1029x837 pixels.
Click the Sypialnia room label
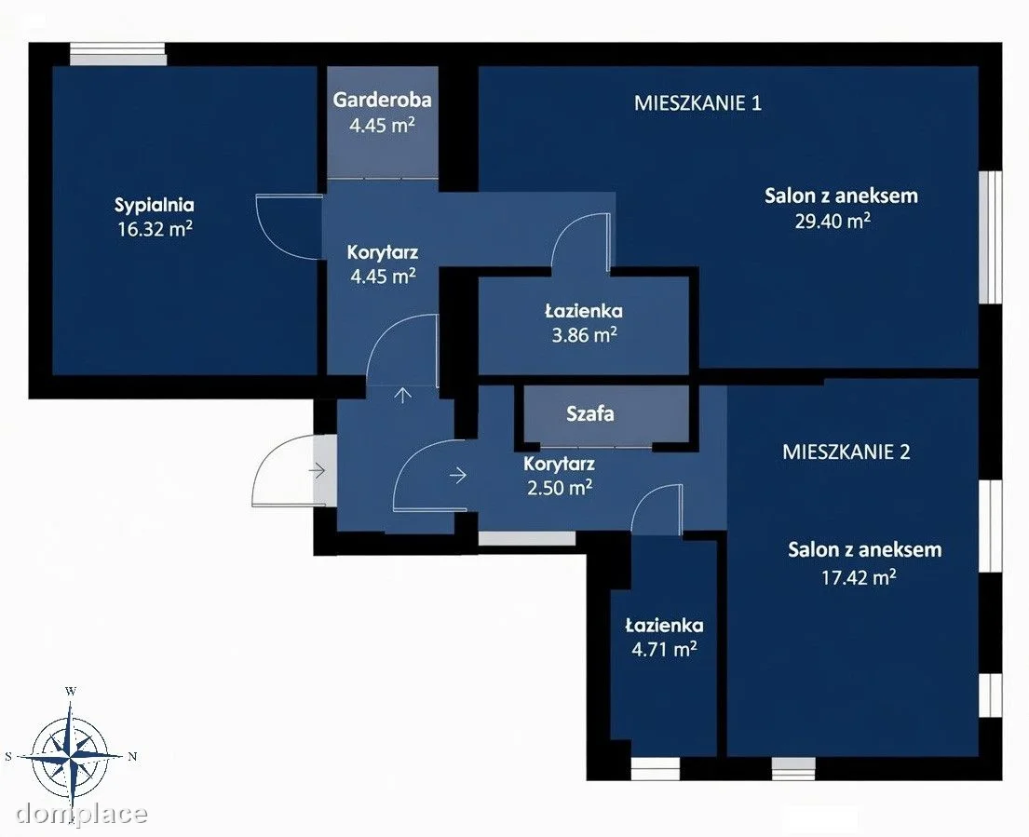[x=155, y=206]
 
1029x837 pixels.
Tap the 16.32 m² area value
[x=155, y=229]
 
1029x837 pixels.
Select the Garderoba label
[x=383, y=100]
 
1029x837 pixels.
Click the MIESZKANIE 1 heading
[x=697, y=103]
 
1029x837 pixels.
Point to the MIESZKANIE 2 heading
[x=846, y=452]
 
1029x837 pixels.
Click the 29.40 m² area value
[x=833, y=221]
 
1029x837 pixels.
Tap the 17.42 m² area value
[x=859, y=577]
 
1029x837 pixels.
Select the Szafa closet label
[x=590, y=414]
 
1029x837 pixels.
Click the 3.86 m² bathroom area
[x=584, y=335]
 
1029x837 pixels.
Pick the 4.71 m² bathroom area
[x=664, y=650]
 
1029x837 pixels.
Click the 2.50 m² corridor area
[x=560, y=487]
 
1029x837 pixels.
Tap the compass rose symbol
[x=70, y=756]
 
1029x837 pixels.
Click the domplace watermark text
[x=81, y=814]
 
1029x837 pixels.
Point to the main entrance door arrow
[x=318, y=469]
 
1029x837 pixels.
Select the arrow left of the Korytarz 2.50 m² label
[x=458, y=474]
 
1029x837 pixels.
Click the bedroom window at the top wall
[x=118, y=54]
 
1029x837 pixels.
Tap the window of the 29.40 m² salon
[x=991, y=236]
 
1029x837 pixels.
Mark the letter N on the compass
[x=132, y=756]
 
